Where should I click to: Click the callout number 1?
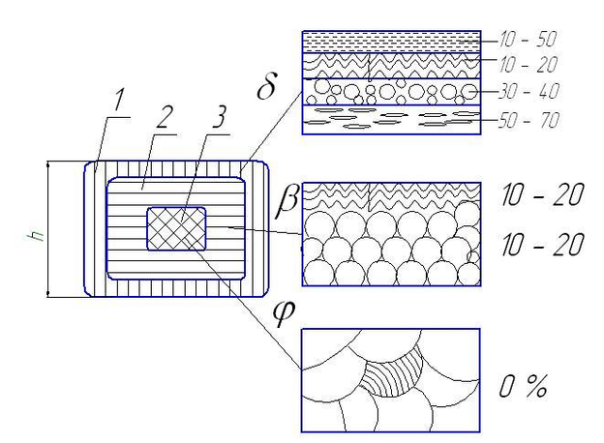(x=118, y=100)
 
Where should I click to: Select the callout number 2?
(x=163, y=117)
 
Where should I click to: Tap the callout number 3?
(x=219, y=117)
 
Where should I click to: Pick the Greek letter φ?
(x=284, y=312)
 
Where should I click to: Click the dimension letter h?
(x=38, y=235)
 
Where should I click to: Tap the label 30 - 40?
(x=528, y=92)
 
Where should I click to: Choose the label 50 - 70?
(x=528, y=121)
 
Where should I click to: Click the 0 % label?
(x=523, y=386)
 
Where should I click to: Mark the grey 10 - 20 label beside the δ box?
(x=528, y=64)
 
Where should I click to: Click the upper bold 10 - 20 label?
(x=542, y=194)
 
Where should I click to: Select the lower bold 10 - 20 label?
(x=542, y=245)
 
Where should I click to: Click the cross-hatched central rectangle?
(x=176, y=228)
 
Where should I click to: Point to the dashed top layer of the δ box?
(x=391, y=42)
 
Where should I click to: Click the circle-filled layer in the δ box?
(x=391, y=92)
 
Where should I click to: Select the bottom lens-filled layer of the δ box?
(x=391, y=120)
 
